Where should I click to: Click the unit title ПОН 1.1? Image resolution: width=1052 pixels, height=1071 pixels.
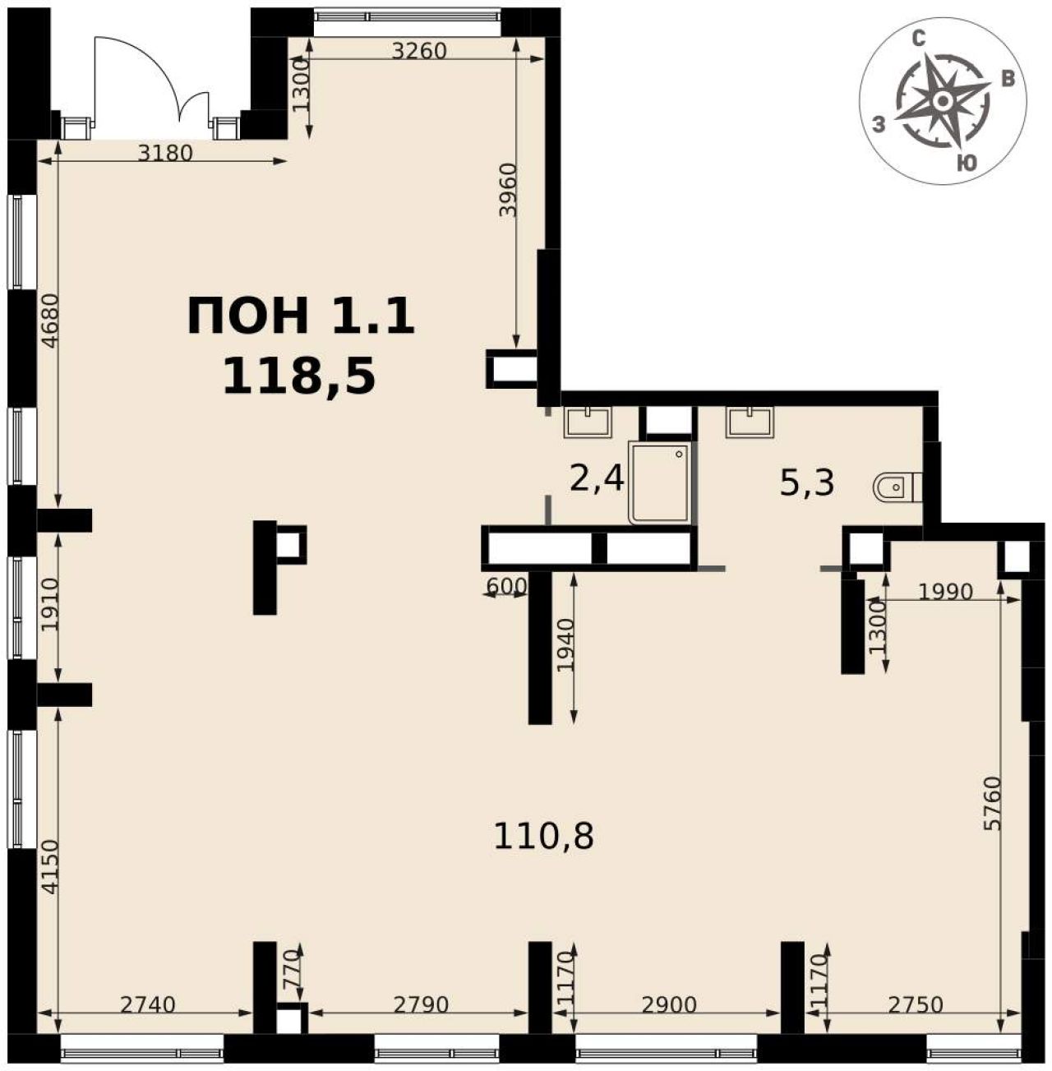point(301,316)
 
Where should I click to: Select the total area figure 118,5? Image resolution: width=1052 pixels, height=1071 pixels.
point(299,376)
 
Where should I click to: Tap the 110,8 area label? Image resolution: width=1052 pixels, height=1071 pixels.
point(543,837)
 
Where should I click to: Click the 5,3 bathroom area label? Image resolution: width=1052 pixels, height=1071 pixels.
point(807,483)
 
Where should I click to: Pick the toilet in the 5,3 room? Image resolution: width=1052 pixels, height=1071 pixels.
point(897,487)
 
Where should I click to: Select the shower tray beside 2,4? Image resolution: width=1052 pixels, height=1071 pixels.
point(660,482)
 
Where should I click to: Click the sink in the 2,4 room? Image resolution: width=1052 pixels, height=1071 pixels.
point(588,422)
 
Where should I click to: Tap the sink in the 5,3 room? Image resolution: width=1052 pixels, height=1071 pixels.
point(750,422)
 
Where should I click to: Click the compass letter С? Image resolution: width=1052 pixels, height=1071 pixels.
point(919,39)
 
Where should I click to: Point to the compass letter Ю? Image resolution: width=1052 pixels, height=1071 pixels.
point(967,163)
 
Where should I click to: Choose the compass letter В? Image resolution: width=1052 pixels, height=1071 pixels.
point(1008,80)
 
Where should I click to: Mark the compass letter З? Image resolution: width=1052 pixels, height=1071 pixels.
point(879,124)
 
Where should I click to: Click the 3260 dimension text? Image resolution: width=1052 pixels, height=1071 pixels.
point(420,51)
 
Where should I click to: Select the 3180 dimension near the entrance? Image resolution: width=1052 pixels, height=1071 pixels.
point(165,153)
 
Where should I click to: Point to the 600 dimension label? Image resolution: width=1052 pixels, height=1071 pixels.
point(506,586)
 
